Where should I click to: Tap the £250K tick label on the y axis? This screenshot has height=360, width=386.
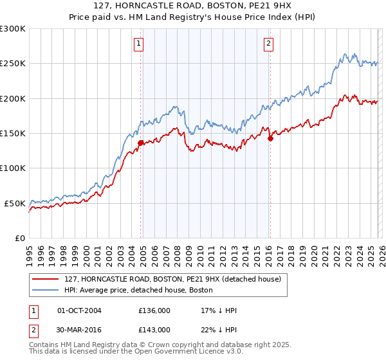pyautogui.click(x=13, y=64)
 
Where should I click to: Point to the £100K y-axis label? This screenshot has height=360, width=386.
pyautogui.click(x=13, y=168)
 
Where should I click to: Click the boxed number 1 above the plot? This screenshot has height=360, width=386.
pyautogui.click(x=138, y=44)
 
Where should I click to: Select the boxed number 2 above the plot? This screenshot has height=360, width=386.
pyautogui.click(x=268, y=44)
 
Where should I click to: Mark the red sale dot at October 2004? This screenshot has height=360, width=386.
pyautogui.click(x=140, y=143)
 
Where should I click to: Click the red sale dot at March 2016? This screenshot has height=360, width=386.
pyautogui.click(x=271, y=138)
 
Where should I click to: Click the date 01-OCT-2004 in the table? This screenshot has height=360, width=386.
pyautogui.click(x=79, y=311)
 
